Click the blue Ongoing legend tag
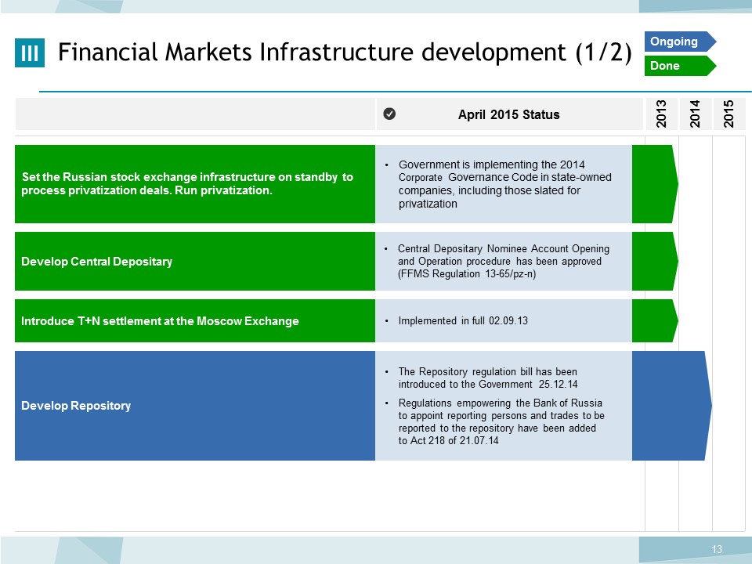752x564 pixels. point(680,42)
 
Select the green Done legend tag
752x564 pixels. point(680,66)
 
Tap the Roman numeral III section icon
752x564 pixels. point(30,52)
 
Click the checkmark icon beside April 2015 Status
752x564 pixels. point(389,114)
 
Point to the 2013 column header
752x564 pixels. point(661,114)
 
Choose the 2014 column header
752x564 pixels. point(695,114)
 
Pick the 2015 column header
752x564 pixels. point(729,114)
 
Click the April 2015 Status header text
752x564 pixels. point(509,114)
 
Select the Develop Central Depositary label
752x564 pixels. point(97,262)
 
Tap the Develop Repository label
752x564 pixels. point(76,405)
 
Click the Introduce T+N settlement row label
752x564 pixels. point(160,321)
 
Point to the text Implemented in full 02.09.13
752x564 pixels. point(463,320)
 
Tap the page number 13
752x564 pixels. point(717,549)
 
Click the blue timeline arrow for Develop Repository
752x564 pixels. point(671,406)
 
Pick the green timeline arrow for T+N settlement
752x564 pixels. point(655,321)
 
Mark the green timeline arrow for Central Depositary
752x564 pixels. point(655,262)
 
